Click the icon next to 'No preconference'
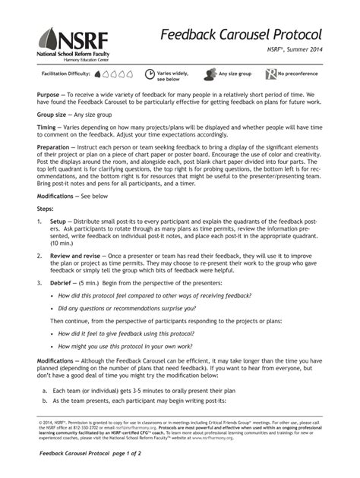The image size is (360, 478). [270, 74]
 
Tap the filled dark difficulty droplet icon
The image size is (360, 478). [98, 74]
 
